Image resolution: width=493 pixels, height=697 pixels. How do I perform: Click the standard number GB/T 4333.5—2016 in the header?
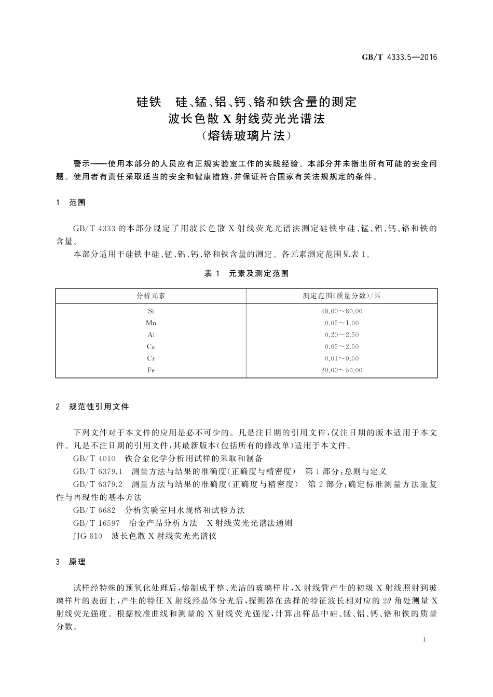[x=399, y=57]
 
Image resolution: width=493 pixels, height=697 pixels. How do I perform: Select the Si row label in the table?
[x=150, y=311]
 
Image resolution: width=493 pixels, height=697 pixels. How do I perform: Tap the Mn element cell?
[x=150, y=323]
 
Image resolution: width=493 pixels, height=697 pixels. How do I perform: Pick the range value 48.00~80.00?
[x=341, y=311]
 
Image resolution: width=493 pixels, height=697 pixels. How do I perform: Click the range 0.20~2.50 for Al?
[x=341, y=335]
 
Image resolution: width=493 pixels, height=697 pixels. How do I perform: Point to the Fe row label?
[x=150, y=370]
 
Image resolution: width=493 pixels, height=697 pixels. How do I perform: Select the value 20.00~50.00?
[x=341, y=370]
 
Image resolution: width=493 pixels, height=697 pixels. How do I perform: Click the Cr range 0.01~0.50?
[x=341, y=358]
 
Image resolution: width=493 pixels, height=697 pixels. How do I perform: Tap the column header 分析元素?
[x=150, y=296]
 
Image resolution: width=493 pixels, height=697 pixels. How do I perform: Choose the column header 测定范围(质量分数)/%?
[x=341, y=296]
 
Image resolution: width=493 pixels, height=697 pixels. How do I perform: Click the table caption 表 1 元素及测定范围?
[x=246, y=274]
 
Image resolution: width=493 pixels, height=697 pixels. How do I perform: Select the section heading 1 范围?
[x=71, y=203]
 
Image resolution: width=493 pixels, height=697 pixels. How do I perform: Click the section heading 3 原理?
[x=71, y=562]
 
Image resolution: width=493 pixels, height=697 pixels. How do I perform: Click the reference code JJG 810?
[x=88, y=536]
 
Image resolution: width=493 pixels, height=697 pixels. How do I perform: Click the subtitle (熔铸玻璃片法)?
[x=246, y=136]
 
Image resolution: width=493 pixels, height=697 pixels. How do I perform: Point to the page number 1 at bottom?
[x=424, y=640]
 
